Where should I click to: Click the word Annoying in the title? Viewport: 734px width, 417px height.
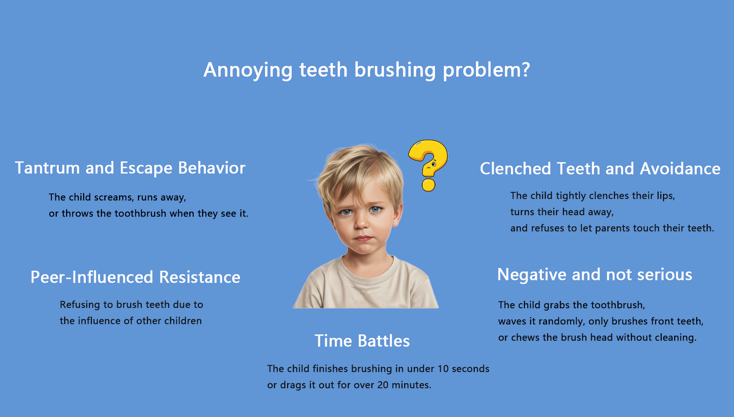[x=248, y=71]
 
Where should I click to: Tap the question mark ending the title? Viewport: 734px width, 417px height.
[x=525, y=69]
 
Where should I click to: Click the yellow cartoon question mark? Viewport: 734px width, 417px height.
[x=428, y=165]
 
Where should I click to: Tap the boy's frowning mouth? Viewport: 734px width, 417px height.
[x=363, y=239]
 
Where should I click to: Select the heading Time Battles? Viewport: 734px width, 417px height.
[x=362, y=341]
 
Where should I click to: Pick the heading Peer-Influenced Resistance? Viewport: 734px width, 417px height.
[x=135, y=277]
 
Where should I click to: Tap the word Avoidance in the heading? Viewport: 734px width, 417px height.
[x=680, y=169]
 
